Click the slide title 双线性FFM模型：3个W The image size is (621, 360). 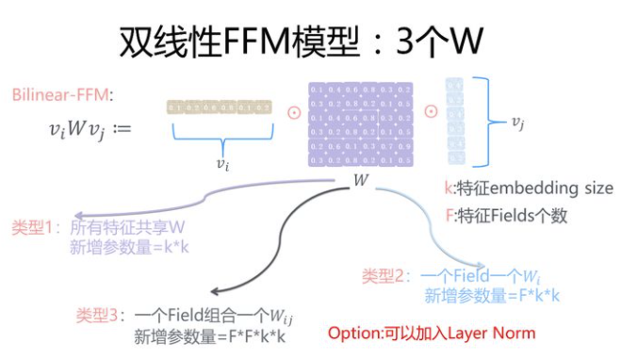310,40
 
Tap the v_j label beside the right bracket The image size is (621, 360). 517,122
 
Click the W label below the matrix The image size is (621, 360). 362,179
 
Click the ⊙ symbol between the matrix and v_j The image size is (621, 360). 430,109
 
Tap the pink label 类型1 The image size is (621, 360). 34,228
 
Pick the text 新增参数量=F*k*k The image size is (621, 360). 491,295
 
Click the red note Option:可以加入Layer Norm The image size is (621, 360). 432,333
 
